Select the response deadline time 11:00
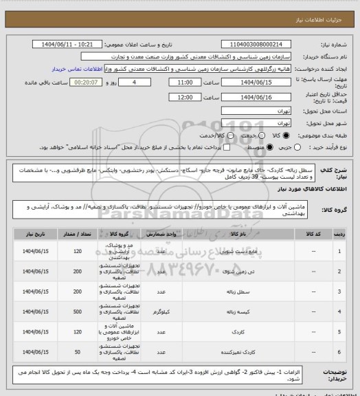188,80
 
